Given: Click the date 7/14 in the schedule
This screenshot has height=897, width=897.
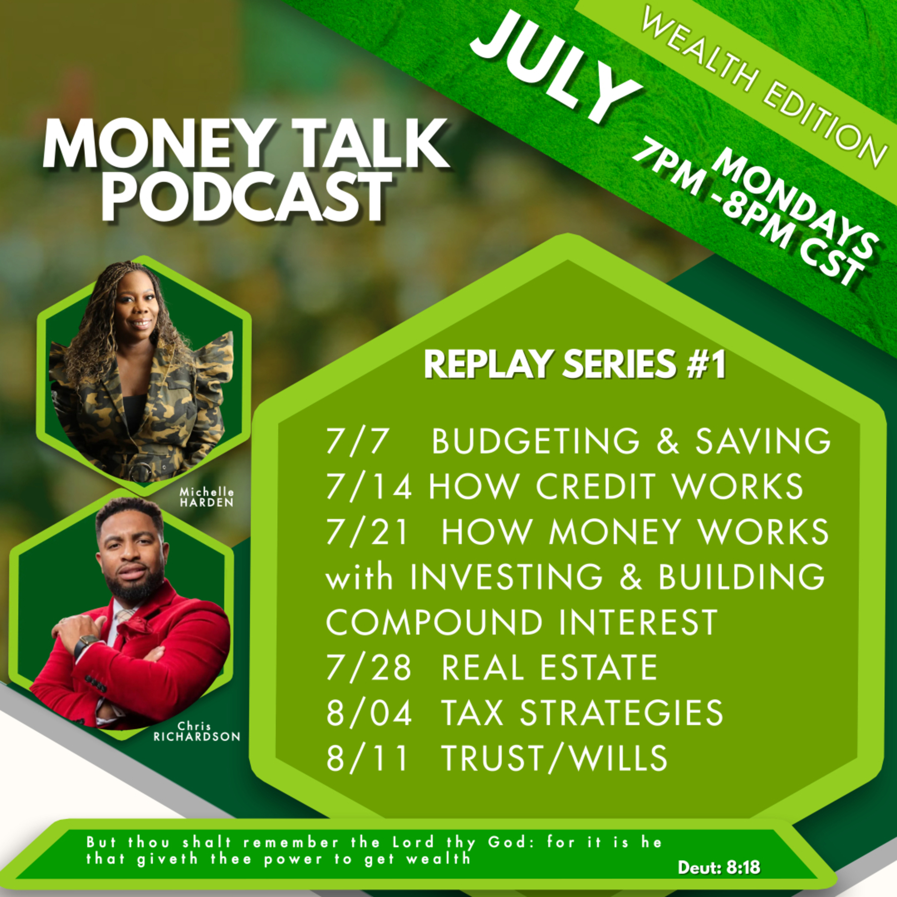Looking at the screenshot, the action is pos(369,486).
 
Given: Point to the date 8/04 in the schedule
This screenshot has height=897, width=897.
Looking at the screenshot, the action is pos(369,713).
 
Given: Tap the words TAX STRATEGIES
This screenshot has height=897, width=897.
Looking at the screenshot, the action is pos(582,713).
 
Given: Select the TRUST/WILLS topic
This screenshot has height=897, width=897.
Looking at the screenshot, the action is pos(554,758).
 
